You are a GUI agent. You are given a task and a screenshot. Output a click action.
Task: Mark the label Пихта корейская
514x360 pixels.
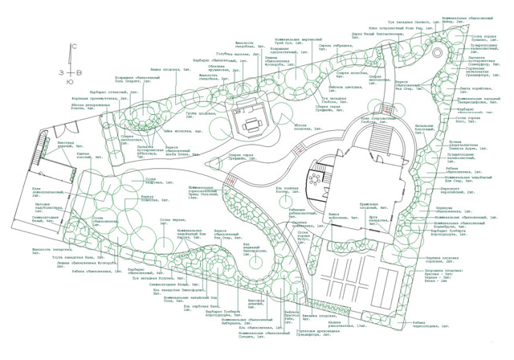click(x=480, y=89)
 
